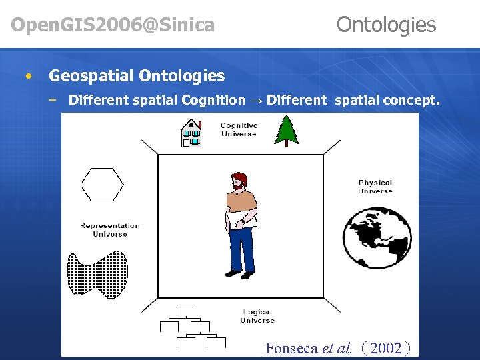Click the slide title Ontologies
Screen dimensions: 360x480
[386, 25]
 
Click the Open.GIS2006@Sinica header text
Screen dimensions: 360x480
[113, 25]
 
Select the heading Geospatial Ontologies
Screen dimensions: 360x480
[137, 76]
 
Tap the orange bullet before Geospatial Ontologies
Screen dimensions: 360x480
[27, 76]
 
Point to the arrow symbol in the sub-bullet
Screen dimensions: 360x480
[255, 101]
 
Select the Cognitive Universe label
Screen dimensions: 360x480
[238, 129]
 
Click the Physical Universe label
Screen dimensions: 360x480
[375, 187]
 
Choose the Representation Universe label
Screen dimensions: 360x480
[109, 229]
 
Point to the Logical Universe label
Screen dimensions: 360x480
[257, 316]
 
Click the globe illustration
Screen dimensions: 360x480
[377, 237]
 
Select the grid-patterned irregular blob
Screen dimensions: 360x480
[97, 274]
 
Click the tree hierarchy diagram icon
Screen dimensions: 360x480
[191, 327]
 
